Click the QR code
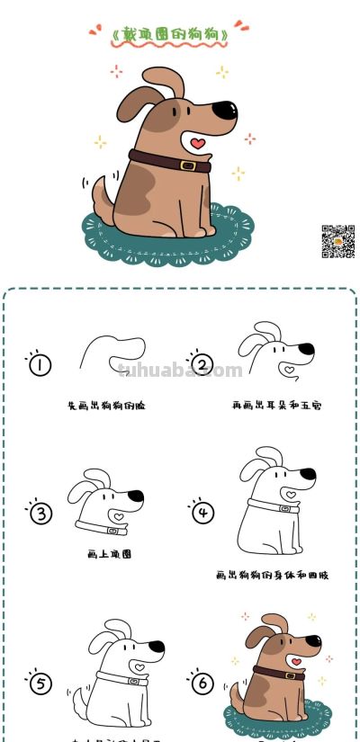click(x=338, y=241)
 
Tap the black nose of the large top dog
click(x=229, y=112)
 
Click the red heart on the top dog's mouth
click(x=198, y=143)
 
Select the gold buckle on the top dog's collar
click(x=187, y=165)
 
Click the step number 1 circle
click(x=40, y=364)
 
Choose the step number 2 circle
click(x=202, y=364)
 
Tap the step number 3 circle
click(x=40, y=514)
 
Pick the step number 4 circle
click(x=203, y=513)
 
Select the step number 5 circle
click(x=40, y=684)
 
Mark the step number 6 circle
click(x=203, y=684)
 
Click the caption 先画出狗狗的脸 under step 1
click(x=106, y=406)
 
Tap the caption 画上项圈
click(x=110, y=555)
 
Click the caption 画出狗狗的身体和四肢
click(x=272, y=574)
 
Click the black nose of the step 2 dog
click(x=306, y=348)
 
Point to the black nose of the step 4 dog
click(x=308, y=473)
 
